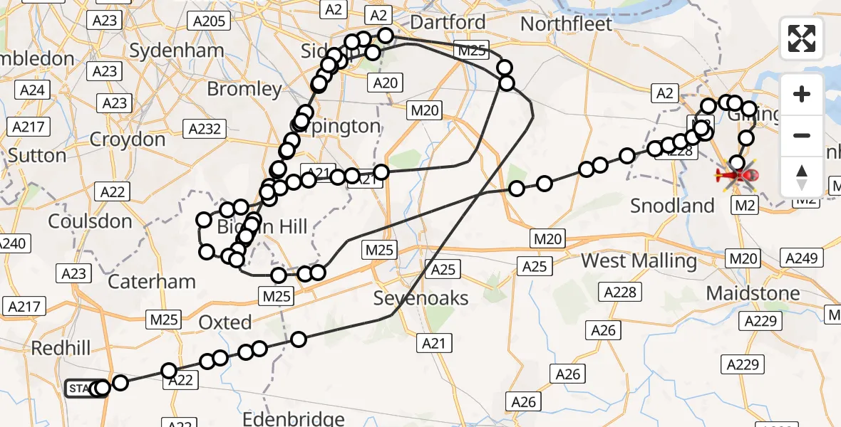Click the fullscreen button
pos(802,38)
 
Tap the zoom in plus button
pos(802,94)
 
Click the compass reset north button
pos(802,176)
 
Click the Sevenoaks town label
pos(421,298)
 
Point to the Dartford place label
pos(448,22)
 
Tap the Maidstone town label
pos(753,292)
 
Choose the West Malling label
pos(639,260)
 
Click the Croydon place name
pos(128,139)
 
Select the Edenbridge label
pos(294,419)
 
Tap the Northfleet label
pos(566,24)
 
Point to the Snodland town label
pos(672,206)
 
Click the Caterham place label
pos(151,281)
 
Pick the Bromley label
pos(244,89)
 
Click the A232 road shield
pos(205,129)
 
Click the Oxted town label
pos(225,322)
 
